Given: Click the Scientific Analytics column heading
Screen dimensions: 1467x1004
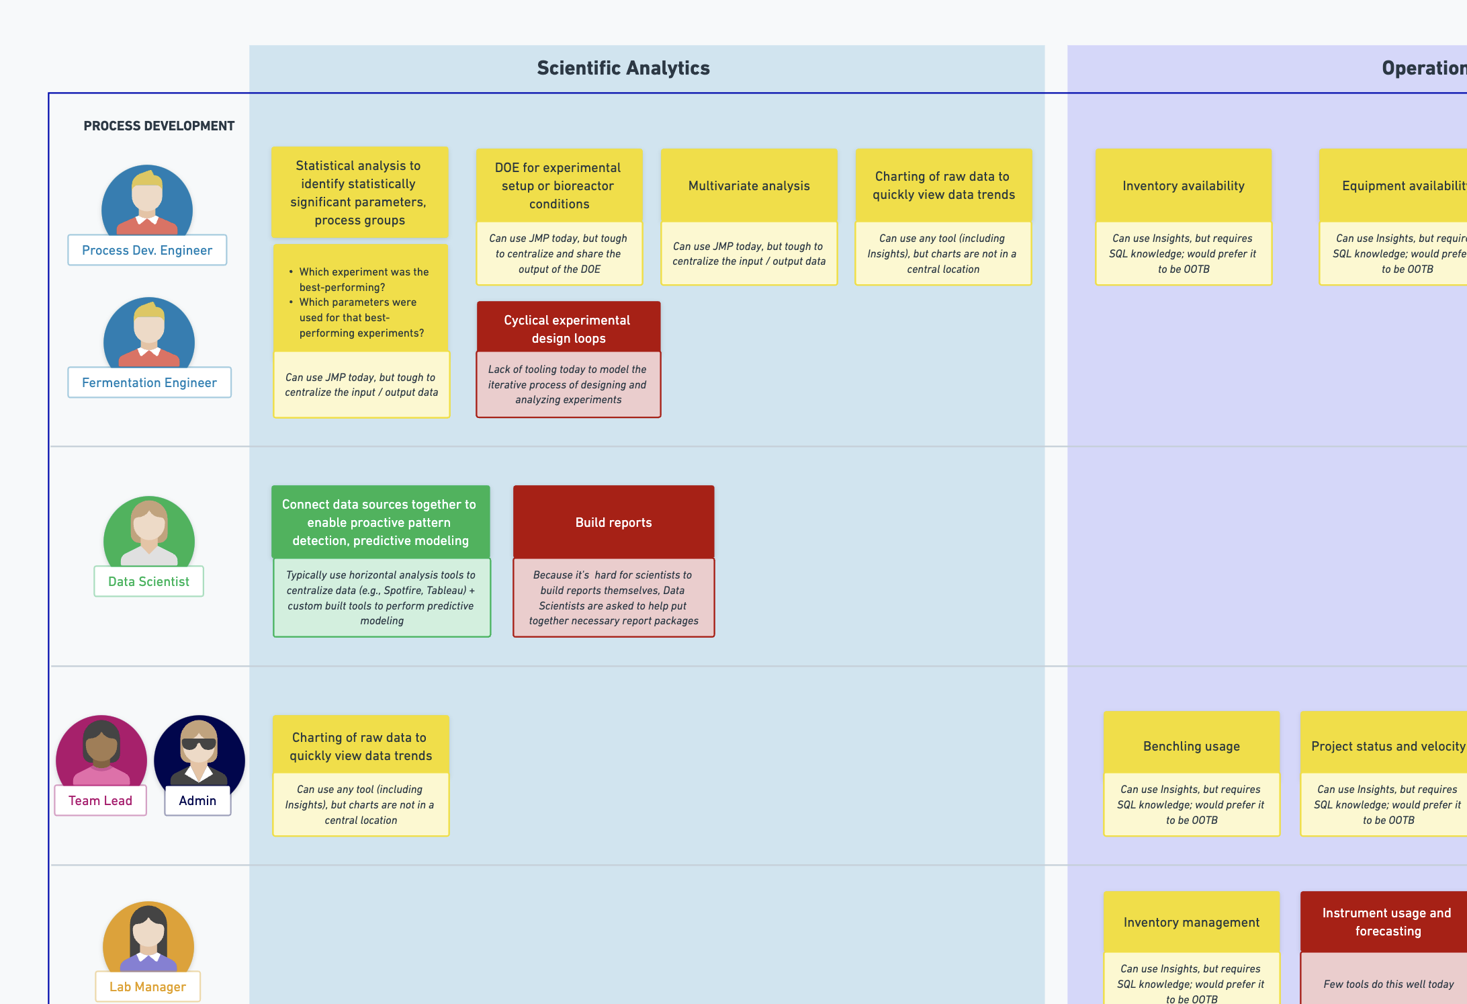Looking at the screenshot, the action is coord(623,68).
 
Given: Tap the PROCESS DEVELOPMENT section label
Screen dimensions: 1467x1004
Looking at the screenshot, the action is coord(159,126).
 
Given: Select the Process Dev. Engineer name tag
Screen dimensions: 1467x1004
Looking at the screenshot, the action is coord(147,250).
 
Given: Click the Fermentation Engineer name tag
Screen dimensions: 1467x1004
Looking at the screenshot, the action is coord(149,382).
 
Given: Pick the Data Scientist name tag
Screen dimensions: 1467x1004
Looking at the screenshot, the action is coord(148,581).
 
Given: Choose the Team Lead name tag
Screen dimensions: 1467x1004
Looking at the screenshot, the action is coord(100,800).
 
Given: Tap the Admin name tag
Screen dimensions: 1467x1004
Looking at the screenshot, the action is coord(197,800).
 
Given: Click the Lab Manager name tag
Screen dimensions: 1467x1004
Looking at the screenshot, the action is coord(148,987).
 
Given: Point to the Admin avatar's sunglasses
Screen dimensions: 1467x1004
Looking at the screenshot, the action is coord(199,744).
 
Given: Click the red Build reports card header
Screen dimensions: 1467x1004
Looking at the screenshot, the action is coord(613,522).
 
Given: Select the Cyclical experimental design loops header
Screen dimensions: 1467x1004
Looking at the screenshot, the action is coord(568,329).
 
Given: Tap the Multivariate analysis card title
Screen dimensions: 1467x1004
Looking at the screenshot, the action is coord(749,185).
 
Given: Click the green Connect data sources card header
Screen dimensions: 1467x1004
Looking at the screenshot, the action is coord(380,522).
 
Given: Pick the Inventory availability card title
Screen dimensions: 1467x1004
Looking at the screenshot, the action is coord(1183,185).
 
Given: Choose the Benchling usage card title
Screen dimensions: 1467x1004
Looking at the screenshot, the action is coord(1191,746).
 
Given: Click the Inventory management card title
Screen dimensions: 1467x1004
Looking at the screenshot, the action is coord(1191,922).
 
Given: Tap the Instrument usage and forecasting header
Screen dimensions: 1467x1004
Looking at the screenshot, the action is coord(1386,921).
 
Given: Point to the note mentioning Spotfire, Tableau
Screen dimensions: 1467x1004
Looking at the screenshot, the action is coord(381,597).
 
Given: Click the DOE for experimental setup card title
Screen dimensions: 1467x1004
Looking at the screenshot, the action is coord(558,185).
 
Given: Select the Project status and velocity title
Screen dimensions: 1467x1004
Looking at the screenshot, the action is coord(1387,746).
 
